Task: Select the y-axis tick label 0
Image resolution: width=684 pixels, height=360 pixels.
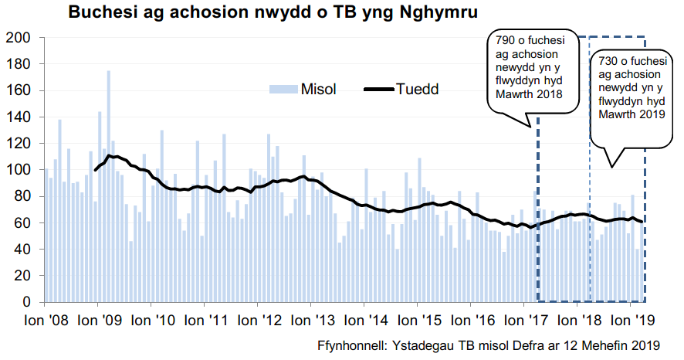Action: click(26, 302)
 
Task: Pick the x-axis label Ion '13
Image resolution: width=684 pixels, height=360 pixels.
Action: click(310, 319)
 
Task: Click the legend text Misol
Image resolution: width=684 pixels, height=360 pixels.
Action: click(319, 89)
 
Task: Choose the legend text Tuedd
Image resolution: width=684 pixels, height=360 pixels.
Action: click(417, 89)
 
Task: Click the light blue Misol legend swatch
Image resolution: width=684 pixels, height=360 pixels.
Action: click(283, 89)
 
